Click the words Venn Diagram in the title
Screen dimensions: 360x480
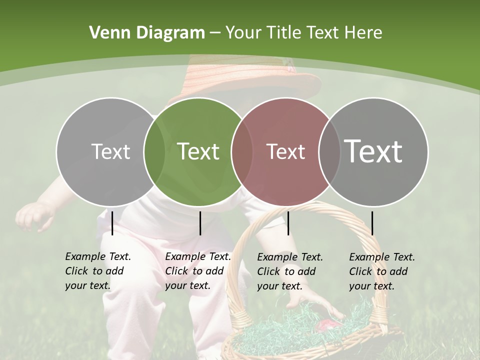click(x=147, y=33)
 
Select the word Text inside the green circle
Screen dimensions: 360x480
click(x=198, y=151)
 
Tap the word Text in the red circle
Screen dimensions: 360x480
click(x=285, y=151)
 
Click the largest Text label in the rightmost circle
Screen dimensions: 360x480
click(x=373, y=151)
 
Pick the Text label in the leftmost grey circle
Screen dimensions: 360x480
click(x=111, y=151)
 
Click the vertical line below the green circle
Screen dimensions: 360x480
click(x=200, y=223)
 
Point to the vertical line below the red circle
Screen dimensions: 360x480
click(x=288, y=223)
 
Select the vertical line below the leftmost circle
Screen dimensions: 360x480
click(x=112, y=223)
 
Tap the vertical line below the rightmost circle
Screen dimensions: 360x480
click(x=372, y=223)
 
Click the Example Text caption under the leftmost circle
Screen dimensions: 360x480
click(x=97, y=271)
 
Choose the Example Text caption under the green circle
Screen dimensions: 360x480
click(x=197, y=271)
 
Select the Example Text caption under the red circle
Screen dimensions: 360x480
click(x=290, y=271)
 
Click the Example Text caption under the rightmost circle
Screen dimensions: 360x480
click(x=381, y=271)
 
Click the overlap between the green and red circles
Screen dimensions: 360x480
click(x=242, y=151)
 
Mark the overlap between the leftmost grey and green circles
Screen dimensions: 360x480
click(x=154, y=151)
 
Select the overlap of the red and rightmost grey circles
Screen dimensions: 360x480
click(x=329, y=151)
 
